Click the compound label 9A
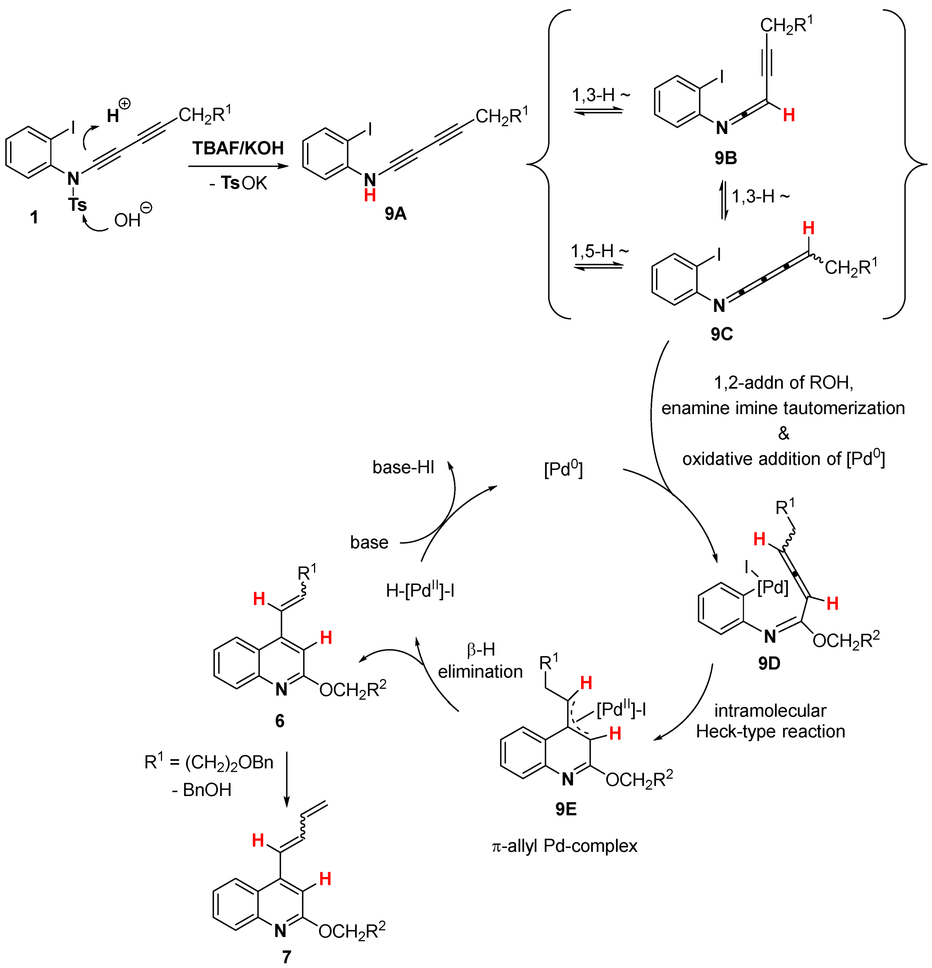[x=395, y=213]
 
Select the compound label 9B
[x=725, y=158]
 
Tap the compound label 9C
[x=722, y=334]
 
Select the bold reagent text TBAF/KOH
[x=238, y=148]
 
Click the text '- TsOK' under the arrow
[x=238, y=183]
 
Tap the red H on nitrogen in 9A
[x=370, y=195]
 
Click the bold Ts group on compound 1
[x=77, y=204]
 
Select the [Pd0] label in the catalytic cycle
[x=563, y=469]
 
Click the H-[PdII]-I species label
[x=420, y=591]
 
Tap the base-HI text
[x=403, y=467]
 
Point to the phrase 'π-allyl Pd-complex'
[x=564, y=846]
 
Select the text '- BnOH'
[x=202, y=790]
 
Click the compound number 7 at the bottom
[x=286, y=956]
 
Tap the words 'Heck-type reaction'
[x=770, y=731]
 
